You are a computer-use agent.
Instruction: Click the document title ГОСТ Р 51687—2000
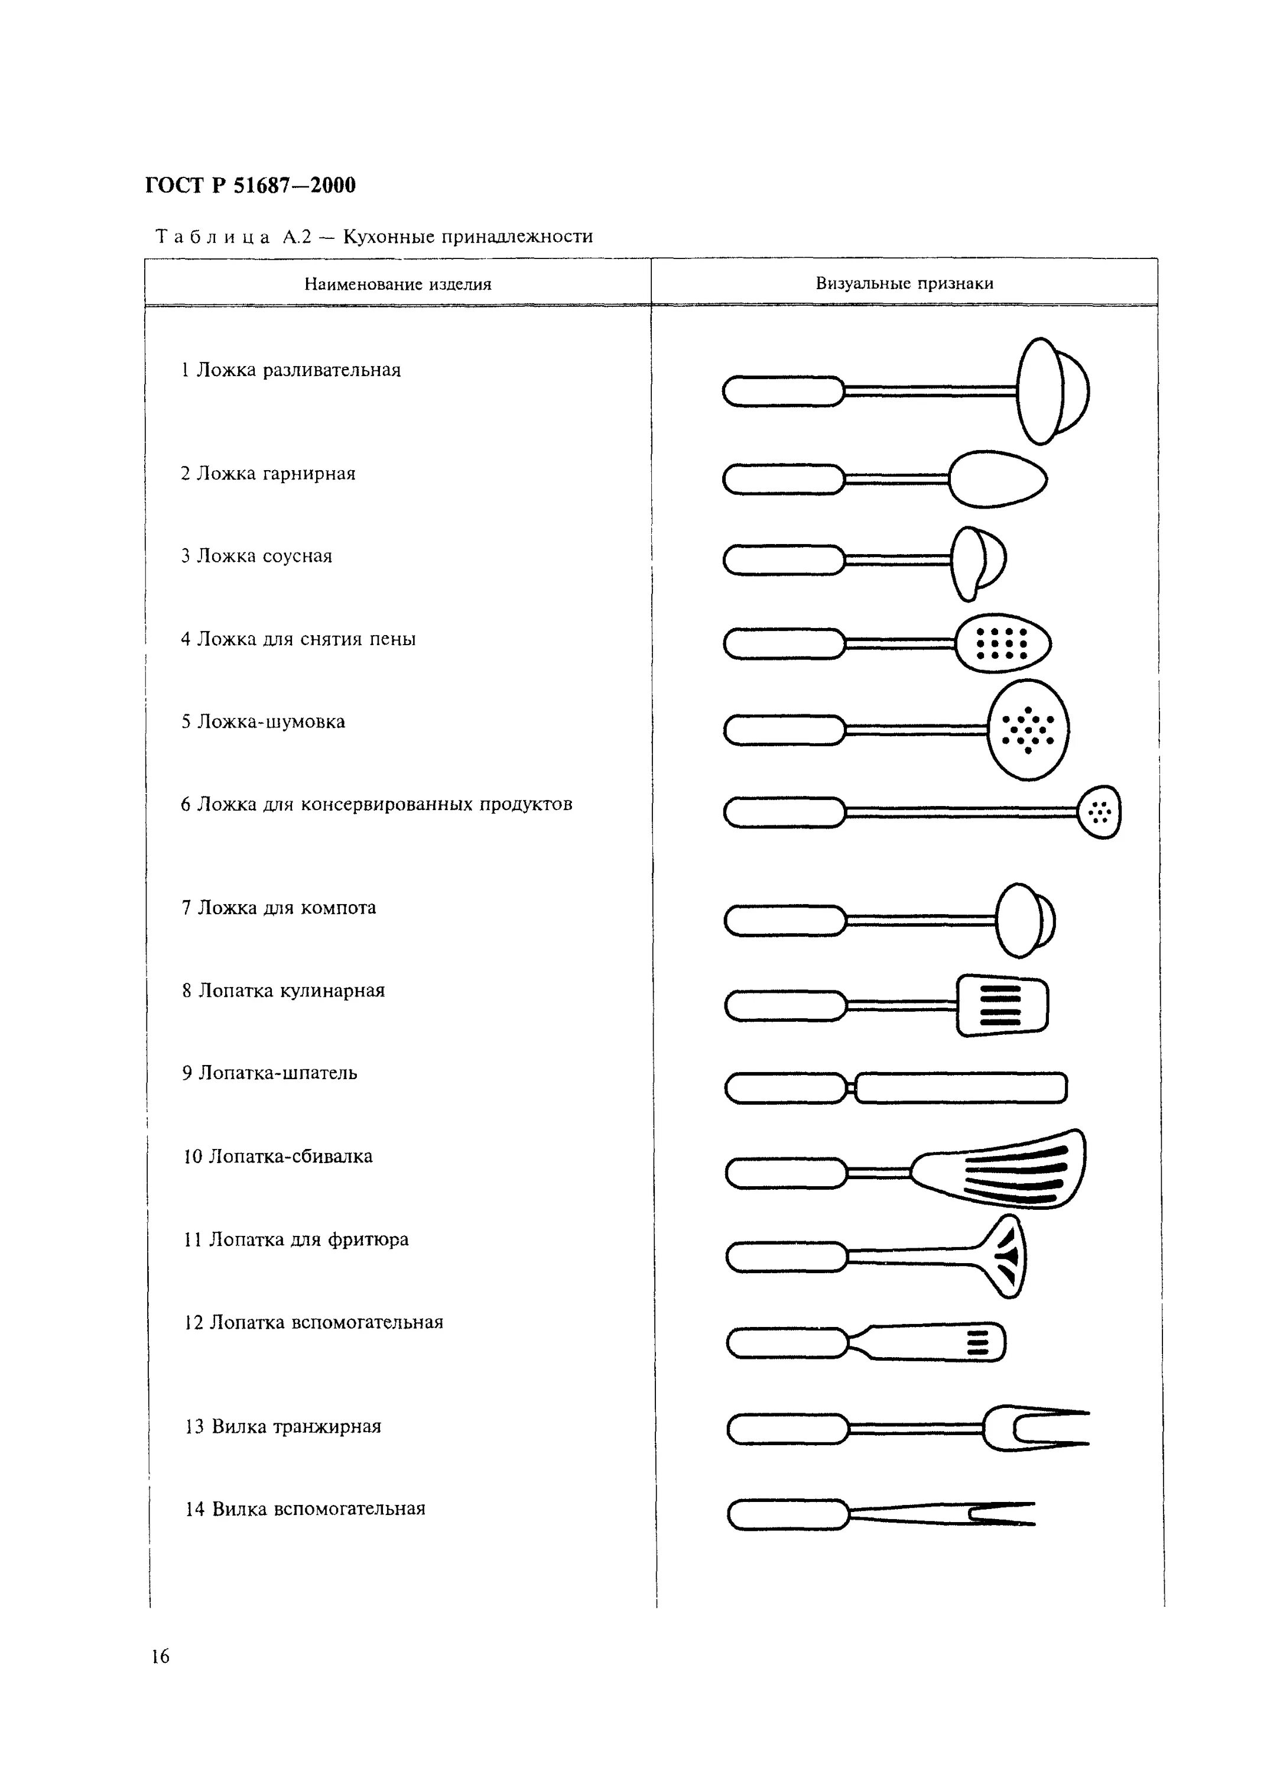click(x=249, y=186)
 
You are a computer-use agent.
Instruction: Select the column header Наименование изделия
click(x=397, y=284)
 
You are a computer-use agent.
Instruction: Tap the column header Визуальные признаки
click(x=904, y=283)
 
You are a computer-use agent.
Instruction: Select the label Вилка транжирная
click(x=282, y=1427)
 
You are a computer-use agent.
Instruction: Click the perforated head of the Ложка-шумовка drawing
click(x=1028, y=729)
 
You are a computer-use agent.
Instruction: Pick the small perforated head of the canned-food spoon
click(x=1099, y=812)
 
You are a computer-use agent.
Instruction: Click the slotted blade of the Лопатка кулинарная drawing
click(x=1002, y=1005)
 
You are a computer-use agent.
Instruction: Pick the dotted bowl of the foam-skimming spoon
click(x=1002, y=643)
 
